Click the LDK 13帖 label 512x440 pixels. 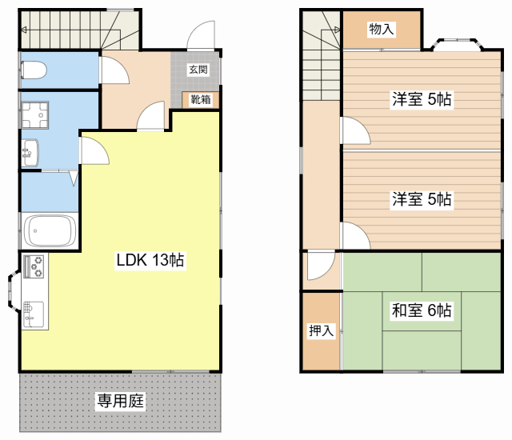point(151,261)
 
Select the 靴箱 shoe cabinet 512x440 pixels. point(200,100)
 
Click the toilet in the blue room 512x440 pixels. point(34,72)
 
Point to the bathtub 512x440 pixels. point(50,230)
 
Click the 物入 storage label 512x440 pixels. point(381,30)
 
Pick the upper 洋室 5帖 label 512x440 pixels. point(422,100)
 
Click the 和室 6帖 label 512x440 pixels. point(422,310)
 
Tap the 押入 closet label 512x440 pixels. point(321,330)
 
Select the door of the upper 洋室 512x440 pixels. point(354,133)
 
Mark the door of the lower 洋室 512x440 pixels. point(354,237)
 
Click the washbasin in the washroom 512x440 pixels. point(30,150)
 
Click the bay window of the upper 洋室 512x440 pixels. point(457,43)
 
